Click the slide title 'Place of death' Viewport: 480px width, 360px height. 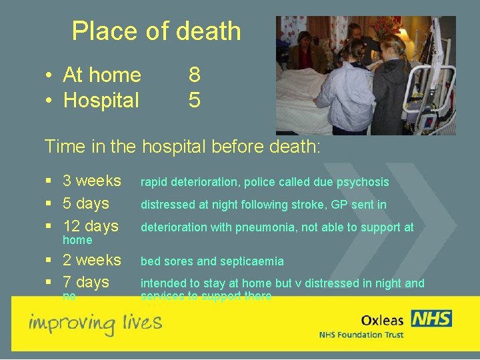(x=156, y=31)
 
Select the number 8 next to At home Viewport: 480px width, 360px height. (x=194, y=75)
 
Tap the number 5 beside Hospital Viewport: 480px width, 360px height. (x=194, y=100)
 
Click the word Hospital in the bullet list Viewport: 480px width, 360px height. (x=101, y=100)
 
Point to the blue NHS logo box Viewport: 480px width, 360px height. (x=431, y=318)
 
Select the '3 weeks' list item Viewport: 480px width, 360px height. (x=91, y=181)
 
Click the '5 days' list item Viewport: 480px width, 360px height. (x=85, y=203)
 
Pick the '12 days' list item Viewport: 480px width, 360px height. (x=90, y=226)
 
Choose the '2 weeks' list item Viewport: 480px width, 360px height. (x=91, y=260)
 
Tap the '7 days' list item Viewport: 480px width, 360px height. (x=85, y=282)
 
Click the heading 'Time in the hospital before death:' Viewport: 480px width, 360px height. (x=182, y=145)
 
